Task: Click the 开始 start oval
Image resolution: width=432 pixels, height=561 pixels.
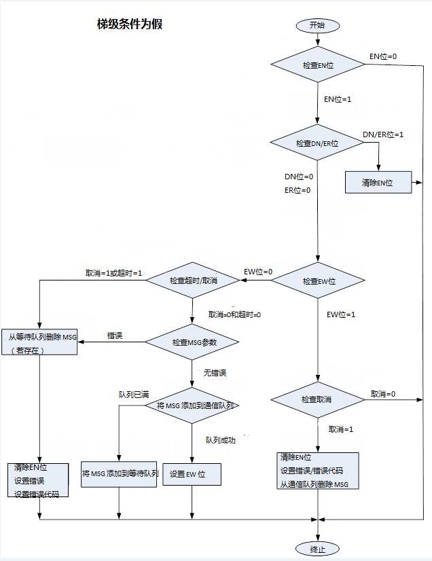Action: [x=317, y=25]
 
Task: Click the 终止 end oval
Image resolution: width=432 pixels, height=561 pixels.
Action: [x=317, y=548]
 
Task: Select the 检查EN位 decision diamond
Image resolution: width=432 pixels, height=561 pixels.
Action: [x=317, y=65]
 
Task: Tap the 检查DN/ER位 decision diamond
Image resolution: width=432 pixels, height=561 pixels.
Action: [x=317, y=143]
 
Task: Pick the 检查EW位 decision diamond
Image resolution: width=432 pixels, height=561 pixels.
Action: [x=319, y=280]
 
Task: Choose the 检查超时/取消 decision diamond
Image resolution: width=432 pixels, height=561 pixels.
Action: [x=194, y=280]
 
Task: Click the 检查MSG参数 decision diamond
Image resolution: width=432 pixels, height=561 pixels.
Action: [x=194, y=342]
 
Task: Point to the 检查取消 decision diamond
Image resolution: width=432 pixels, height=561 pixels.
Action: [x=317, y=399]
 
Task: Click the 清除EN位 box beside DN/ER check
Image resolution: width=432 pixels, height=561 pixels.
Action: [x=378, y=183]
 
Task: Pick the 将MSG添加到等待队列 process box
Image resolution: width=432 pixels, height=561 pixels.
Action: [x=120, y=473]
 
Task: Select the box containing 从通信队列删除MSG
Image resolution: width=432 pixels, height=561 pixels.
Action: [x=317, y=471]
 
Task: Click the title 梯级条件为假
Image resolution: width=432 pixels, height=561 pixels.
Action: [x=129, y=24]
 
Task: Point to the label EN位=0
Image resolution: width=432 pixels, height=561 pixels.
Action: [x=382, y=56]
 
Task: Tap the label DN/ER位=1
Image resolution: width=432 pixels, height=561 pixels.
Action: [x=383, y=134]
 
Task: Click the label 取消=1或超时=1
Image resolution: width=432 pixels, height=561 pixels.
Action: [x=113, y=272]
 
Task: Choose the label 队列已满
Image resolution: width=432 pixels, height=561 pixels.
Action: [x=134, y=394]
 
